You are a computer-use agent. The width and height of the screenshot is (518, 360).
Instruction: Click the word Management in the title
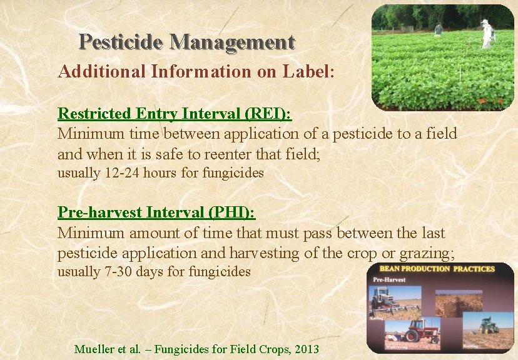(231, 42)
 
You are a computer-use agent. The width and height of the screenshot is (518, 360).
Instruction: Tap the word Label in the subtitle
(308, 71)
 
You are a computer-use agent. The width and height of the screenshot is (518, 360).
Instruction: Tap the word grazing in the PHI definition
(430, 252)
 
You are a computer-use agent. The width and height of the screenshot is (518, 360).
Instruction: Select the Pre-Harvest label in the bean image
(389, 279)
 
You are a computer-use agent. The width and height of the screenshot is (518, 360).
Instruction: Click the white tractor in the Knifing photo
(383, 302)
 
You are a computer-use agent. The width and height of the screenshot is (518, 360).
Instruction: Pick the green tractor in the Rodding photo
(489, 326)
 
